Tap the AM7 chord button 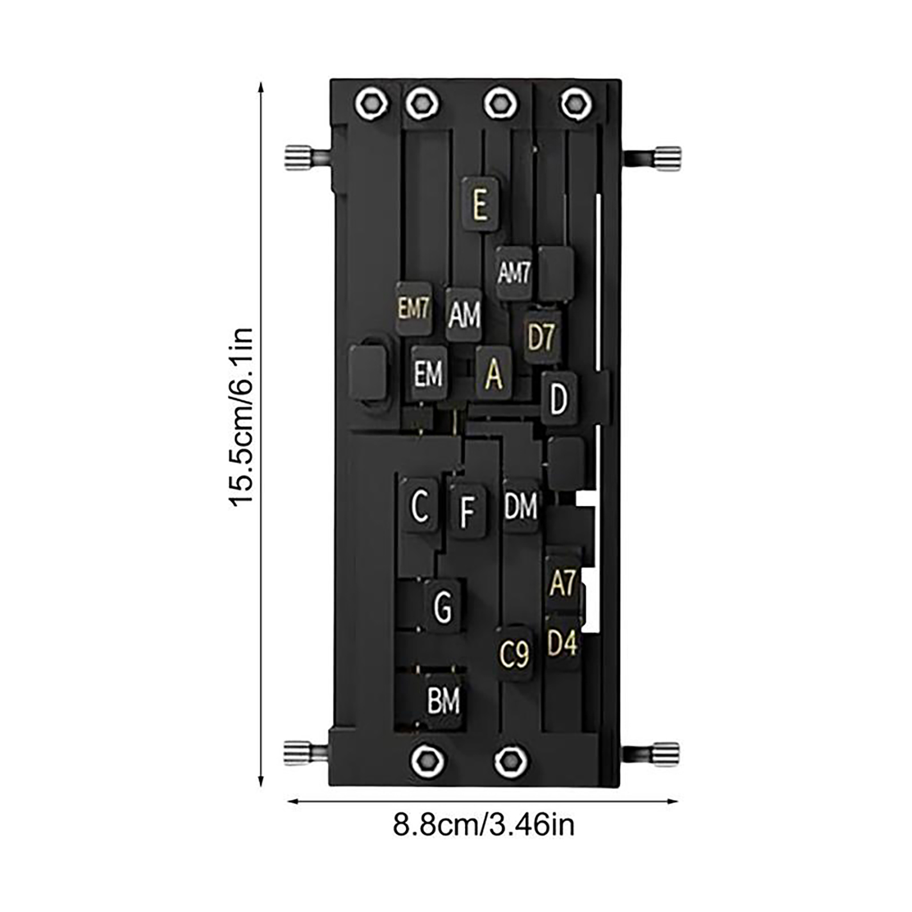pyautogui.click(x=514, y=272)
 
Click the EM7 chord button pyautogui.click(x=414, y=308)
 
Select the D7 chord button pyautogui.click(x=541, y=337)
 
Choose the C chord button pyautogui.click(x=420, y=505)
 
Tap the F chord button pyautogui.click(x=467, y=511)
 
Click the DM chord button pyautogui.click(x=521, y=506)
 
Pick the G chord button pyautogui.click(x=442, y=606)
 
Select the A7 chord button pyautogui.click(x=563, y=583)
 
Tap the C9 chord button pyautogui.click(x=514, y=654)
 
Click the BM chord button pyautogui.click(x=443, y=701)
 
